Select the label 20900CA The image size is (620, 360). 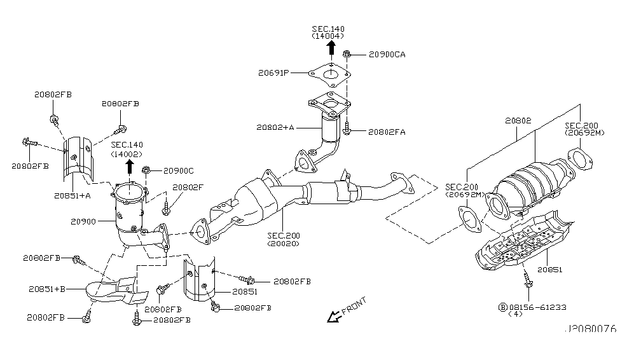point(386,55)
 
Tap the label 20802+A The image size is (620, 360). point(275,127)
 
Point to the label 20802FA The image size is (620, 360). point(387,132)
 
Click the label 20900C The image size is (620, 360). point(178,170)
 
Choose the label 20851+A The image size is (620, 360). point(72,195)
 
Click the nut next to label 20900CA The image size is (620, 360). point(347,55)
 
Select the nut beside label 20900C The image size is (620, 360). point(146,170)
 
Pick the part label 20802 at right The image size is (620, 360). point(519,120)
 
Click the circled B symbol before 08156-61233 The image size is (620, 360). point(502,306)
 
